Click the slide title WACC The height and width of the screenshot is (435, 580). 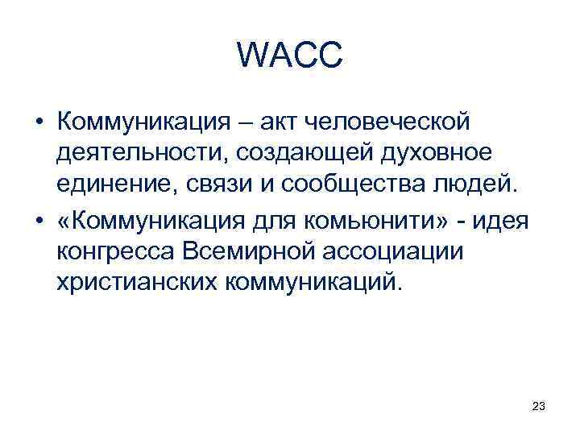click(290, 56)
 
